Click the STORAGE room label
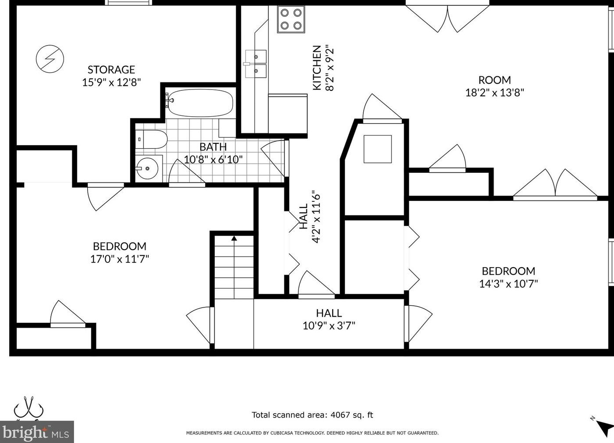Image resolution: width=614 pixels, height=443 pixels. click(111, 70)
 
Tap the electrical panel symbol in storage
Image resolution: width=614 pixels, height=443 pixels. click(50, 58)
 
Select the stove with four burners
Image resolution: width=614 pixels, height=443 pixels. click(291, 19)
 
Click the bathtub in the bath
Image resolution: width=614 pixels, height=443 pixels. click(200, 103)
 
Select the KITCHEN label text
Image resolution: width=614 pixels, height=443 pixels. click(317, 68)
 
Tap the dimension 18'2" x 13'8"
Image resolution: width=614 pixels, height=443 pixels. click(494, 93)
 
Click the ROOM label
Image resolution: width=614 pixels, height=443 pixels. click(494, 80)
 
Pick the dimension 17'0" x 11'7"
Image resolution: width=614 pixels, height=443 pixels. click(120, 259)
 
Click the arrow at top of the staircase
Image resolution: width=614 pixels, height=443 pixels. click(234, 239)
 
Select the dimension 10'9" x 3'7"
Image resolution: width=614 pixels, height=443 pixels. click(329, 325)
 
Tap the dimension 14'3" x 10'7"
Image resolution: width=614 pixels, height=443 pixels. click(508, 283)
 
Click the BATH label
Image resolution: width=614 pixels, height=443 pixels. click(213, 147)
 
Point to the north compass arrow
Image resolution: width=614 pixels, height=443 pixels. click(604, 427)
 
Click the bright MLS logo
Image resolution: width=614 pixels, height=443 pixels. click(37, 432)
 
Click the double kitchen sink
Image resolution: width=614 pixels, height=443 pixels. click(256, 64)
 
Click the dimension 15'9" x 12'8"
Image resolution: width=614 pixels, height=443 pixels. click(111, 82)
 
